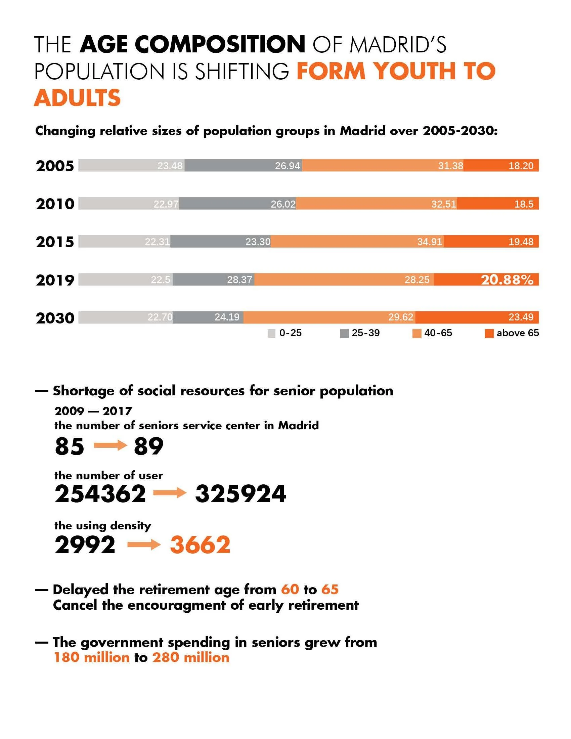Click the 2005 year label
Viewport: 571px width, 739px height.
pyautogui.click(x=55, y=166)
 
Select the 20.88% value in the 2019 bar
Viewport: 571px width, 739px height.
pyautogui.click(x=507, y=280)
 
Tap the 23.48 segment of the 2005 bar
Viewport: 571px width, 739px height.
pyautogui.click(x=131, y=166)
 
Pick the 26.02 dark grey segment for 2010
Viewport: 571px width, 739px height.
pyautogui.click(x=237, y=204)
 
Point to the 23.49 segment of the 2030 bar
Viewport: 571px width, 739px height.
pyautogui.click(x=477, y=317)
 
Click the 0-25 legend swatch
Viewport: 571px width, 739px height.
pyautogui.click(x=271, y=334)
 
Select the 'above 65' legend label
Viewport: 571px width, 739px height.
pyautogui.click(x=518, y=333)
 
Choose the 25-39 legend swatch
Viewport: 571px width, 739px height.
pyautogui.click(x=344, y=334)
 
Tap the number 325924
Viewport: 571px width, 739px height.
pyautogui.click(x=240, y=494)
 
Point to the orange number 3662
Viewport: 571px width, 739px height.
pyautogui.click(x=200, y=545)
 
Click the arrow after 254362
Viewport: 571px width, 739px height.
pyautogui.click(x=170, y=493)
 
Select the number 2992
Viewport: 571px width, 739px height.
pyautogui.click(x=85, y=545)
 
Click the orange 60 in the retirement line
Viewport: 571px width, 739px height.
pyautogui.click(x=290, y=590)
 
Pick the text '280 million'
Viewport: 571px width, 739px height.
pyautogui.click(x=191, y=657)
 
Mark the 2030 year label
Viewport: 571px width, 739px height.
pyautogui.click(x=55, y=318)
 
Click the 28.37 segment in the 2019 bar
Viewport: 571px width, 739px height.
pyautogui.click(x=213, y=280)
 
